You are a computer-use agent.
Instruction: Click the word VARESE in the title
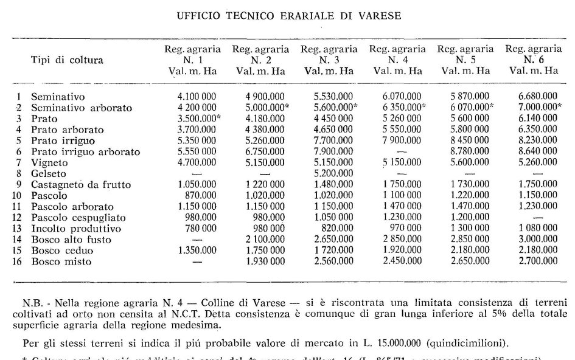coord(380,16)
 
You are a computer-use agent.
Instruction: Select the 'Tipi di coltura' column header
coord(67,60)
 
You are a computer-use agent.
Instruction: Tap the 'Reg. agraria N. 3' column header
coord(329,60)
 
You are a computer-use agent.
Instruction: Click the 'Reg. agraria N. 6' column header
coord(534,60)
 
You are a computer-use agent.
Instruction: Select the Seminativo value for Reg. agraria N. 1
coord(196,97)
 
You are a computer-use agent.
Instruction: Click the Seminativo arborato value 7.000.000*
coord(536,108)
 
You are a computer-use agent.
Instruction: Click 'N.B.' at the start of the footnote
coord(32,302)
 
